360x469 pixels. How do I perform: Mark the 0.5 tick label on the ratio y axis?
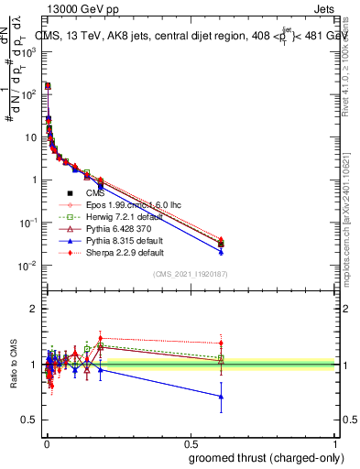(x=29, y=420)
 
